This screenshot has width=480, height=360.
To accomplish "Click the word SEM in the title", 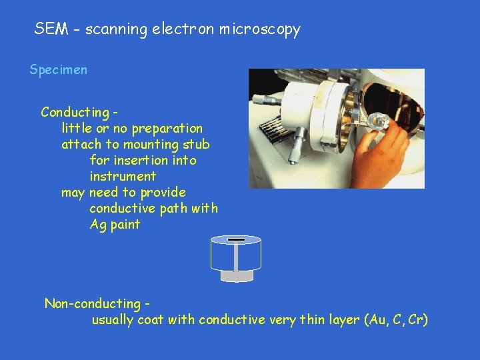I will coord(48,29).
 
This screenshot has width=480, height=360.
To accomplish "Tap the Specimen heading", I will coord(59,70).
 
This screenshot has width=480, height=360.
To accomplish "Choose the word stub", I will coord(197,144).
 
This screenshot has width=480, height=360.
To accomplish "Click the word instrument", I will coord(123,176).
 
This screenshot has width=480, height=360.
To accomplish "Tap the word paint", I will coord(125,225).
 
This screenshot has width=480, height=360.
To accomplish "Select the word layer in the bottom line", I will coord(344,320).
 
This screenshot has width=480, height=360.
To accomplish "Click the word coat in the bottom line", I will coord(151,320).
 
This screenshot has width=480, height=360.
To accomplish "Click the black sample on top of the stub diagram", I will coord(236,239).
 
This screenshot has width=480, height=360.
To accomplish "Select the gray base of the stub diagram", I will coord(236,275).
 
